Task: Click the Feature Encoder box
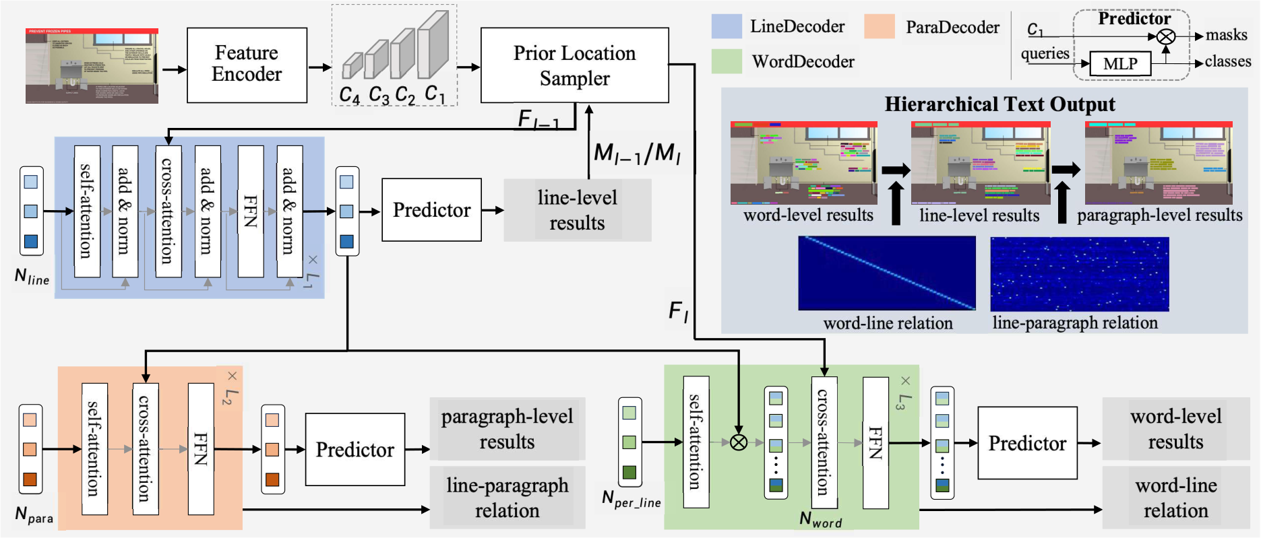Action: [x=247, y=65]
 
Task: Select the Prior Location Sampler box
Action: [x=574, y=65]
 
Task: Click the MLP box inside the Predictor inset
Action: [x=1119, y=64]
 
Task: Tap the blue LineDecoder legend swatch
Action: [x=727, y=26]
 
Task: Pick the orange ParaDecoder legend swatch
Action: [x=880, y=26]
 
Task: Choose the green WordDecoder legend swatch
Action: [x=727, y=61]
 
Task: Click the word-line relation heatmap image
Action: [x=887, y=273]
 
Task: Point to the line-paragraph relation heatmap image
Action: [x=1079, y=273]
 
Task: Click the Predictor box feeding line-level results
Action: [x=431, y=210]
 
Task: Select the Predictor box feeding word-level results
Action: [x=1027, y=443]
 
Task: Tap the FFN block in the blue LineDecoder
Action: [x=251, y=211]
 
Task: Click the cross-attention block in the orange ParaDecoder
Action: [x=145, y=448]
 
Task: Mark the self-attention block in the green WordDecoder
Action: [x=696, y=442]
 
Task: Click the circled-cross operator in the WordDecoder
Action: [x=739, y=442]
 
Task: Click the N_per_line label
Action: [x=631, y=499]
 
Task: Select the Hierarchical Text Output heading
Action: [x=999, y=104]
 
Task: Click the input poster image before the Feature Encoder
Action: [x=92, y=66]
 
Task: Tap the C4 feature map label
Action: [x=349, y=95]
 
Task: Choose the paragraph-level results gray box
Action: [x=507, y=429]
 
